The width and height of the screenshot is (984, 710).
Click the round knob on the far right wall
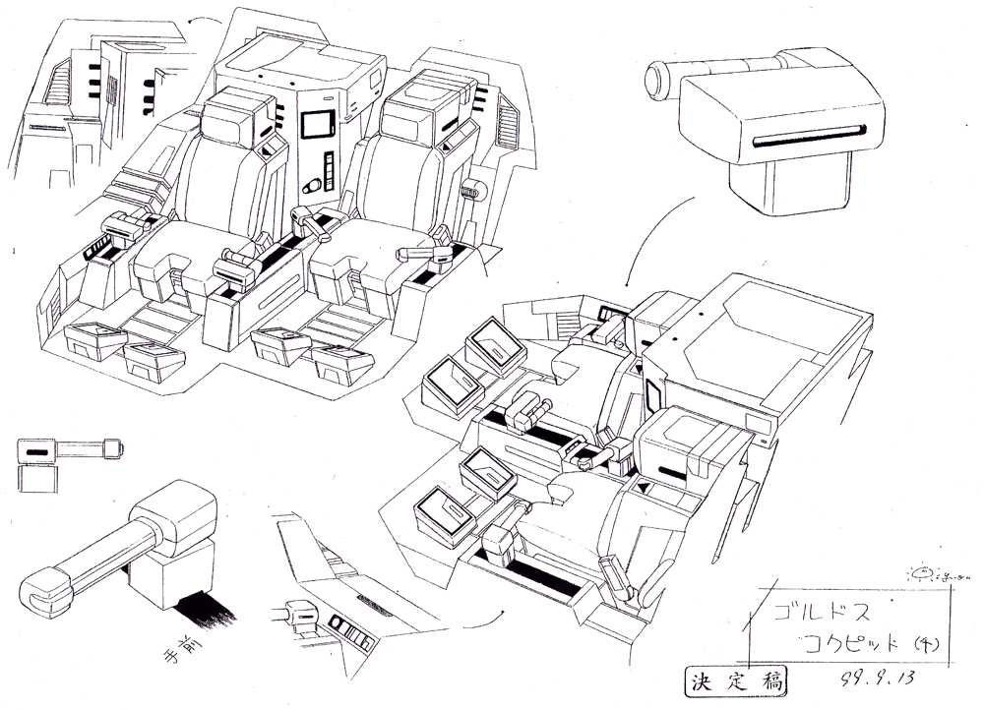[x=480, y=192]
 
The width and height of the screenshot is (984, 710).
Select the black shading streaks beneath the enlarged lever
[x=202, y=606]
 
